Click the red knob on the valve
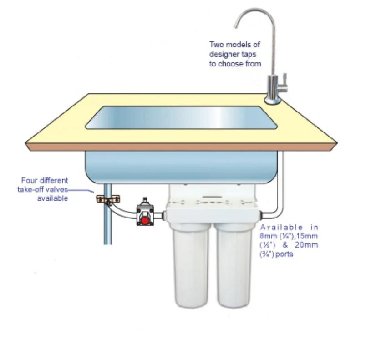pos(145,220)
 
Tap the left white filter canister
pos(191,265)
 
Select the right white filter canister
pos(234,265)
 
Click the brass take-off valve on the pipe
pos(108,199)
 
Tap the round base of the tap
pos(272,101)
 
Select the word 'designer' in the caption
pos(223,54)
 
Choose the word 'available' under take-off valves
pos(53,198)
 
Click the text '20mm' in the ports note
pos(306,245)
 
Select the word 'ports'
pos(284,254)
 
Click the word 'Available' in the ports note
pos(281,227)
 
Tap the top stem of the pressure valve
pos(145,200)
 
